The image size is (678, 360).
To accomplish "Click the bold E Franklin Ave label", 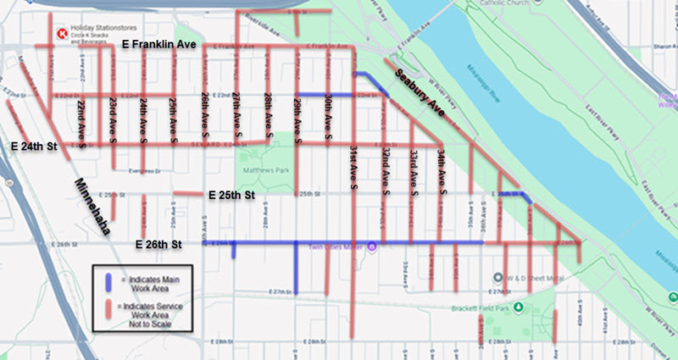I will (x=160, y=43).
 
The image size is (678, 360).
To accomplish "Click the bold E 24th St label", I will (x=34, y=147).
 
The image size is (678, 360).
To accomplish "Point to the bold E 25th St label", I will (x=231, y=195).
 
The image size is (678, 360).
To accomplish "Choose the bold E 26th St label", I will (x=159, y=244).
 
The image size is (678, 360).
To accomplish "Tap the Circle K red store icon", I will (x=61, y=34).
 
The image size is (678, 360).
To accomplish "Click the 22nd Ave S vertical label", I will (x=81, y=122).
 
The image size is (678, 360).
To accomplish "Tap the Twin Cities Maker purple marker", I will (x=370, y=247).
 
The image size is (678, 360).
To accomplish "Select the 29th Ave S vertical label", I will (x=297, y=114).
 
